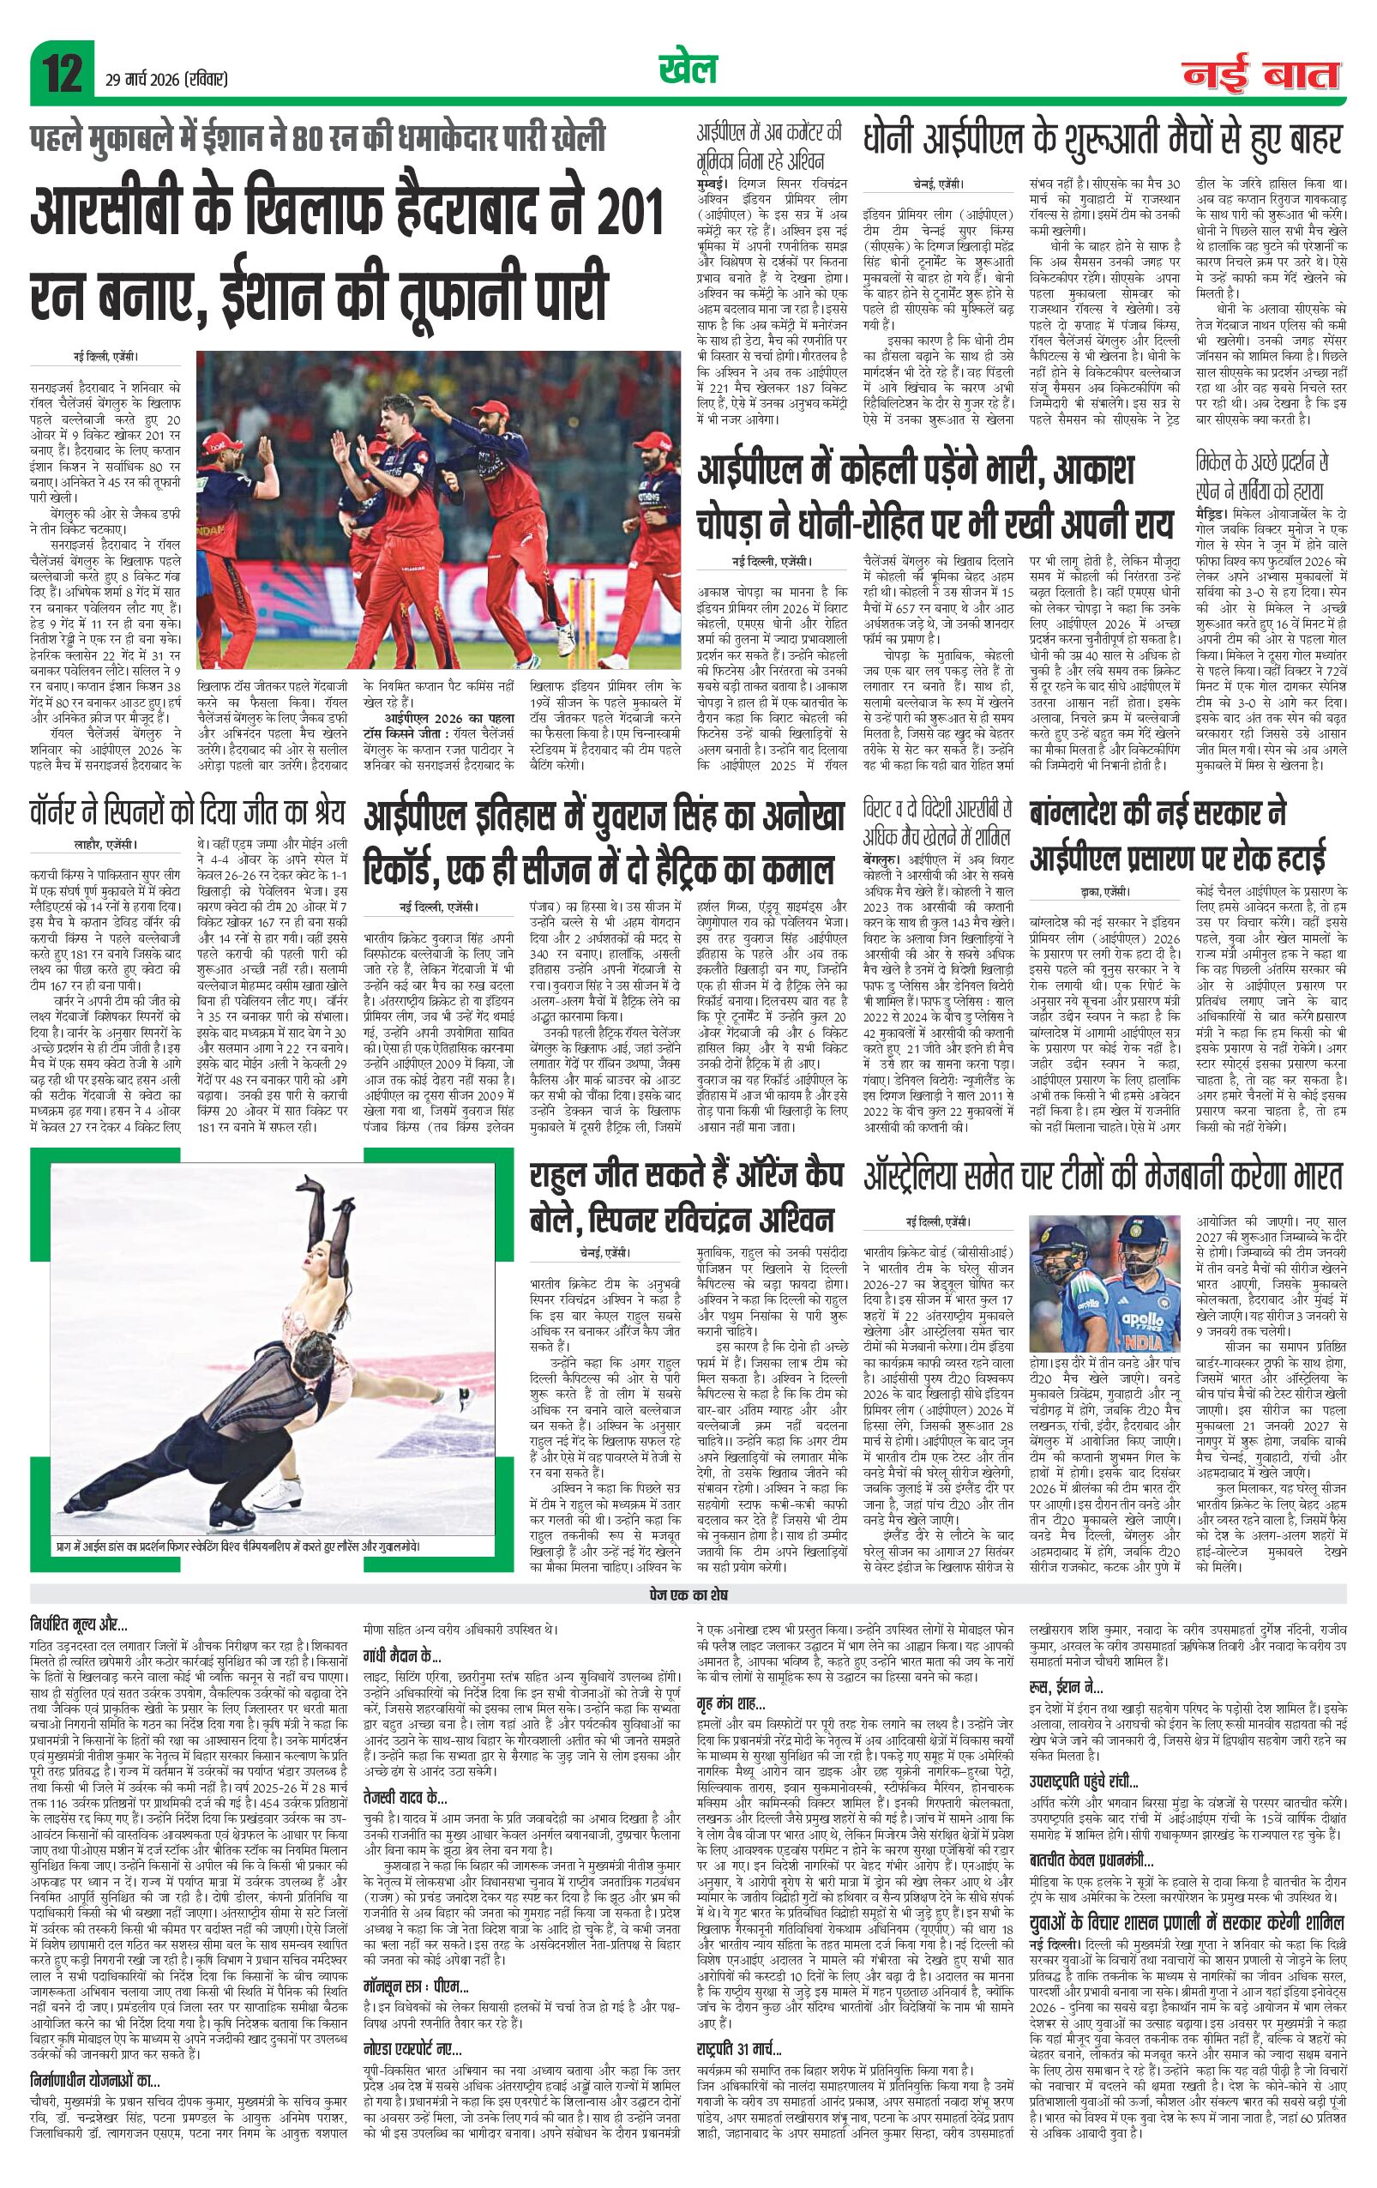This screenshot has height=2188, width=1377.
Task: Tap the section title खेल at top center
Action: pos(687,70)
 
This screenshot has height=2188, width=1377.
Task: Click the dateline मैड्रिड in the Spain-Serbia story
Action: pos(1214,511)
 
